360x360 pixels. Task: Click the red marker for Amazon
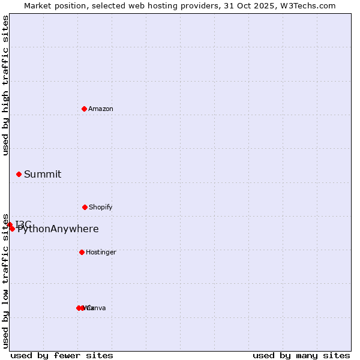point(84,109)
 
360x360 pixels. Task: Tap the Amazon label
point(101,109)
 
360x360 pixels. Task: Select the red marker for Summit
point(19,174)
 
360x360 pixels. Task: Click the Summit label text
point(43,174)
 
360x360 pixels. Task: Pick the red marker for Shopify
point(85,207)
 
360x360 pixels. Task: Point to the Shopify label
point(101,207)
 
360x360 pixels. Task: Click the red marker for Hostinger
point(82,252)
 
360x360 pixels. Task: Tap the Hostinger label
point(101,252)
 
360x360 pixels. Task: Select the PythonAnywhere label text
point(58,229)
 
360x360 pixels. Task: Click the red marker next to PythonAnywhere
point(12,229)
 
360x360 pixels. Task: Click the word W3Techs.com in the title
point(309,5)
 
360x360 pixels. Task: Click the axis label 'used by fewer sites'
point(62,355)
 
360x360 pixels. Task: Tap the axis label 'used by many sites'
point(301,355)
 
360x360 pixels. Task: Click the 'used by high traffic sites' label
point(5,85)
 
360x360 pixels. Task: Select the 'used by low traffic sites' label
point(5,281)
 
